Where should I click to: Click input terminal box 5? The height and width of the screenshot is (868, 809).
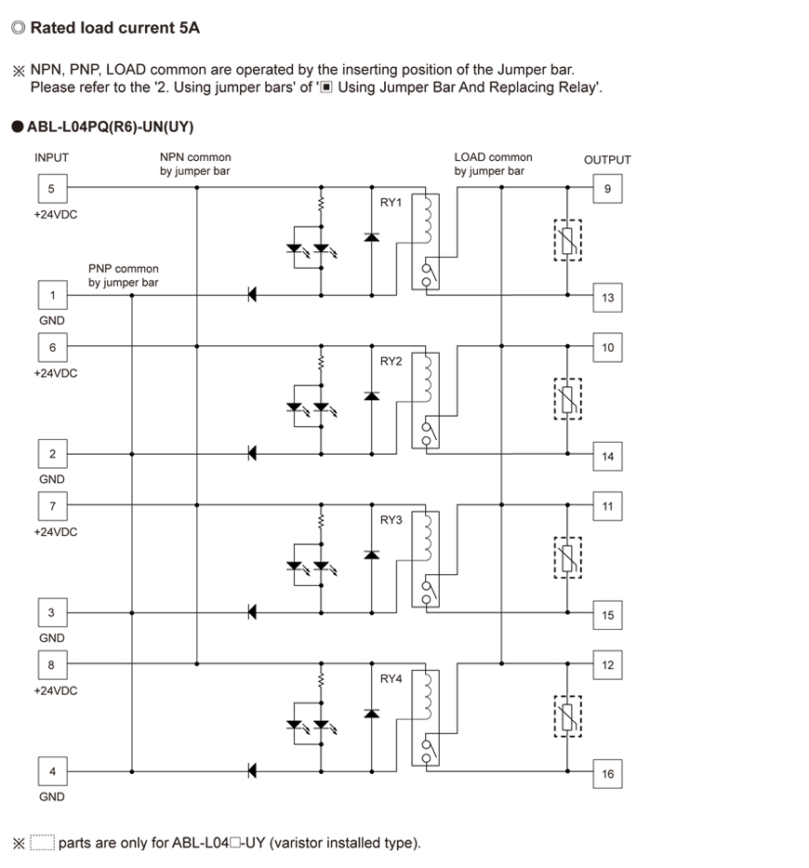coord(53,189)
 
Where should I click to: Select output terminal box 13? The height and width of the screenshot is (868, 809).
coord(607,298)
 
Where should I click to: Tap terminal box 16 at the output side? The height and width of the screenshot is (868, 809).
coord(607,774)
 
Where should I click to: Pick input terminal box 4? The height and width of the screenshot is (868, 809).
coord(53,771)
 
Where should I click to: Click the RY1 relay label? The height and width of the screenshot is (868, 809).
coord(391,203)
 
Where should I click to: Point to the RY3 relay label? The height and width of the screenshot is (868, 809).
coord(391,520)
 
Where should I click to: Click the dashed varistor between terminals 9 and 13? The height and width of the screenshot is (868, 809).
coord(568,240)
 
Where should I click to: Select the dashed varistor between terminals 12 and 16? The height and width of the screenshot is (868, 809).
coord(568,716)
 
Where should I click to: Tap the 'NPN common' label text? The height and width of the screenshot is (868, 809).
coord(195,157)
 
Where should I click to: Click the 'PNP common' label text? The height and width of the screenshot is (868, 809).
coord(124,269)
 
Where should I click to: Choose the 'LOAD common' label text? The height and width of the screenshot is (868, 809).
coord(493,157)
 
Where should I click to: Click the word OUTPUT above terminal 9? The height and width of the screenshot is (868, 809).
coord(607,160)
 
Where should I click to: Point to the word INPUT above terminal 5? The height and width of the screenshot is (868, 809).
coord(51,158)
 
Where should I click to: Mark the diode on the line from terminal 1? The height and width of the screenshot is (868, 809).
coord(252,295)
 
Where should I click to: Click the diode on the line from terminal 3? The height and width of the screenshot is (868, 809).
coord(252,612)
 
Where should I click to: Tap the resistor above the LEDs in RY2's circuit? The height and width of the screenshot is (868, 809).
coord(321,363)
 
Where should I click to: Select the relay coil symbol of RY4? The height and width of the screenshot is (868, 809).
coord(427,695)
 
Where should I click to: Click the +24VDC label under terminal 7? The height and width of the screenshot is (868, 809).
coord(56,532)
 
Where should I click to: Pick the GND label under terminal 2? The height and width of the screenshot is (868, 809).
coord(51,479)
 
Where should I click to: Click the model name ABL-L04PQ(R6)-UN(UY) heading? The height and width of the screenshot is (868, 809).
coord(110,127)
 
